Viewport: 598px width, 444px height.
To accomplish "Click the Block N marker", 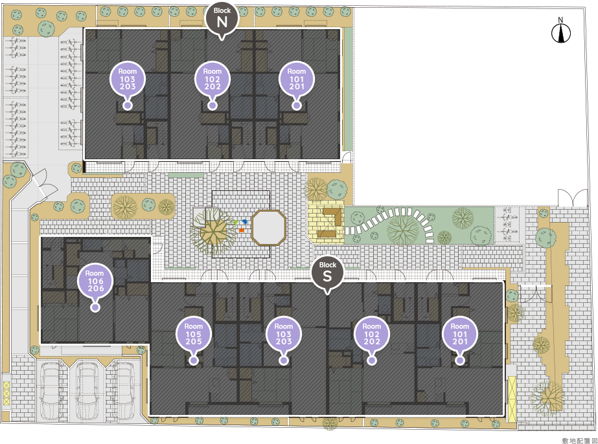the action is coord(222,18).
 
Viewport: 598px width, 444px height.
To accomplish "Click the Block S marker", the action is coord(327,272).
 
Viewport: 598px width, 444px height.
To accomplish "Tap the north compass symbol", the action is coord(560,31).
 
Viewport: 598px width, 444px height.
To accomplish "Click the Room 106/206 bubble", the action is coord(95,282).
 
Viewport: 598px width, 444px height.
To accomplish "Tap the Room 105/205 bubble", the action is coord(193,334).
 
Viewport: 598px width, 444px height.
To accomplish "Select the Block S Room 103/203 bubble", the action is coord(283,334).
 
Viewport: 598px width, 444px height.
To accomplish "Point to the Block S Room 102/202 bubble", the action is coord(371,334).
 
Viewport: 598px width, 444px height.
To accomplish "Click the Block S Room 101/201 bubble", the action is coord(460,334).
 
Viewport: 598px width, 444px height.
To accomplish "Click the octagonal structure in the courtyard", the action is coord(269,228).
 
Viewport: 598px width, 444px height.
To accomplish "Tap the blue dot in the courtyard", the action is coord(244,221).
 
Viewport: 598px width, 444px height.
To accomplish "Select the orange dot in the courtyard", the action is coord(242,230).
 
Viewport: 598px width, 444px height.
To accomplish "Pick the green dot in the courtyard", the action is coord(236,222).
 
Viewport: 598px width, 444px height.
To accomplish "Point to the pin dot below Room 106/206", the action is coord(95,307).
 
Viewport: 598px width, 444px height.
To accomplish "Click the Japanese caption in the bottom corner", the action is coord(579,441).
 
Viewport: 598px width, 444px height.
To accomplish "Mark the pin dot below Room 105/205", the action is coord(194,360).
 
